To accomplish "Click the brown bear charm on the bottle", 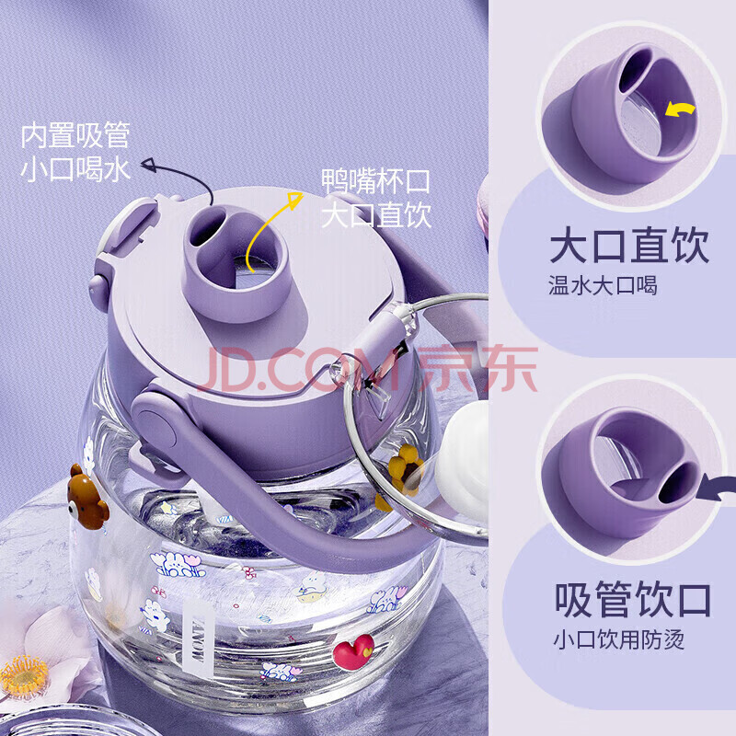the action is (x=86, y=498).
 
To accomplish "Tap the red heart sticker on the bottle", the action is (x=353, y=651).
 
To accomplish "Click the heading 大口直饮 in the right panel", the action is (x=628, y=246).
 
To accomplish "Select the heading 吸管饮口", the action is (x=632, y=600).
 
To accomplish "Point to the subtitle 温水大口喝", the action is (x=603, y=285).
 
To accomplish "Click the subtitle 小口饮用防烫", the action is (x=618, y=638).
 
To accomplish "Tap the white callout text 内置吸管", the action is (x=75, y=135).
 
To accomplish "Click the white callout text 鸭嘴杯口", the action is (x=375, y=180).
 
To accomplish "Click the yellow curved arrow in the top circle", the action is (x=680, y=109).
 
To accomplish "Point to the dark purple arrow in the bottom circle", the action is (x=716, y=489).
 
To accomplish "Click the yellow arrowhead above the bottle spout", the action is (x=295, y=200).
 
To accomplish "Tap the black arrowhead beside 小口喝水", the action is (x=149, y=165).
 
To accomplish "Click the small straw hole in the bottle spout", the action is (x=205, y=227).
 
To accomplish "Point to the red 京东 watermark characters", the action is (x=477, y=368).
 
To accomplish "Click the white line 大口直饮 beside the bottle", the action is (x=375, y=214).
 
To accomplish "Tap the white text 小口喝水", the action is (x=75, y=169).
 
